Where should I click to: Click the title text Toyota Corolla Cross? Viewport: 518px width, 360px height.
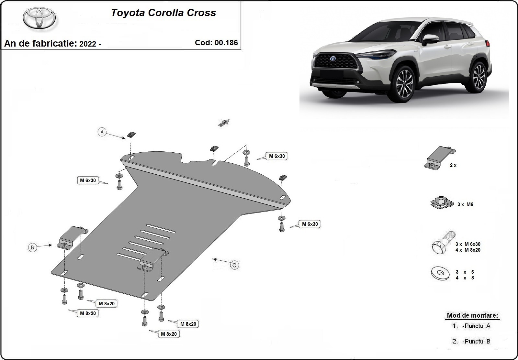(163, 13)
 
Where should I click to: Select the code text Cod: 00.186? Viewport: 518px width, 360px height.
(216, 43)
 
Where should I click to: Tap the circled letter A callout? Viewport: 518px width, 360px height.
(102, 132)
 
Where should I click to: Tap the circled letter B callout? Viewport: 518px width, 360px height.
(32, 248)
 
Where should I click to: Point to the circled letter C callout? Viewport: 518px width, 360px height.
(234, 265)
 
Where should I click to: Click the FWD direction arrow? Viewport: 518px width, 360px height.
(224, 123)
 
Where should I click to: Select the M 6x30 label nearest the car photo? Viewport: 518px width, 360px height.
(277, 156)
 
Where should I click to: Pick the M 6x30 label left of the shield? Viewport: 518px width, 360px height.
(88, 180)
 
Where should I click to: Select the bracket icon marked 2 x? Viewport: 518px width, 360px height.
(439, 158)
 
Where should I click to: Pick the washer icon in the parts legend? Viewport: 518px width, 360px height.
(440, 273)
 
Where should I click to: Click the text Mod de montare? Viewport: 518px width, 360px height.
(472, 315)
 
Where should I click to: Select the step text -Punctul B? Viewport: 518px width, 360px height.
(476, 341)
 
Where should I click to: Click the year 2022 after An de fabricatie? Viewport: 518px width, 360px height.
(87, 44)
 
